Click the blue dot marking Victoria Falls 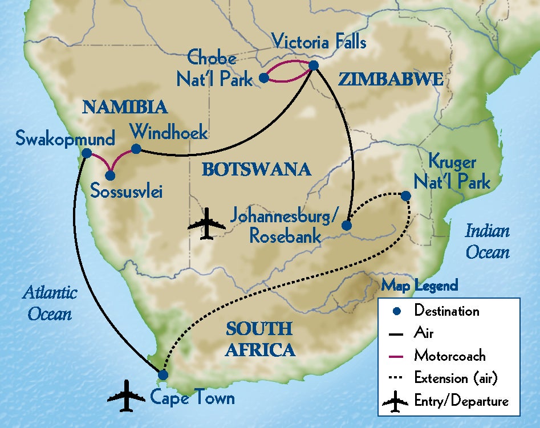pyautogui.click(x=313, y=66)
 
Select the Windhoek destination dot pyautogui.click(x=136, y=149)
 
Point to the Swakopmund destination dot pyautogui.click(x=86, y=153)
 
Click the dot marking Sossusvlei pyautogui.click(x=110, y=176)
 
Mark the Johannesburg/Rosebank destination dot pyautogui.click(x=346, y=226)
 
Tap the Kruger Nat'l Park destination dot pyautogui.click(x=405, y=196)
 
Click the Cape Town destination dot pyautogui.click(x=163, y=375)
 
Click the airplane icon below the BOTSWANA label pyautogui.click(x=206, y=223)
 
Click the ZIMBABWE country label pyautogui.click(x=391, y=80)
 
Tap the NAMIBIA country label pyautogui.click(x=124, y=107)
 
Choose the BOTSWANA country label pyautogui.click(x=257, y=169)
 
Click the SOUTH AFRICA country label pyautogui.click(x=260, y=339)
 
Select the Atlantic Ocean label pyautogui.click(x=50, y=303)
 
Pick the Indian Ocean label pyautogui.click(x=487, y=241)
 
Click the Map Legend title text pyautogui.click(x=420, y=285)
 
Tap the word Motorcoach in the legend pyautogui.click(x=450, y=356)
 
